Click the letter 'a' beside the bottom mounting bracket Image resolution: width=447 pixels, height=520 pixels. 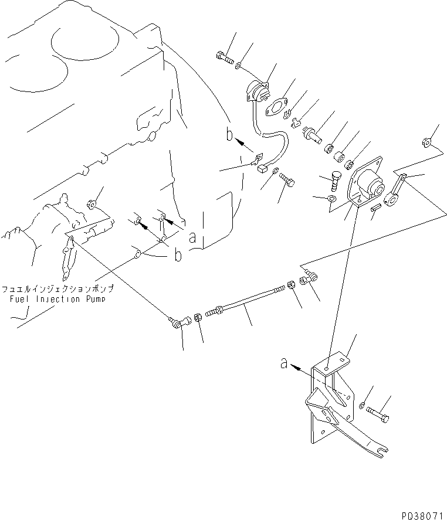pyautogui.click(x=285, y=364)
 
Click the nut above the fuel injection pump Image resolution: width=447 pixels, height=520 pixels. pyautogui.click(x=92, y=205)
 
